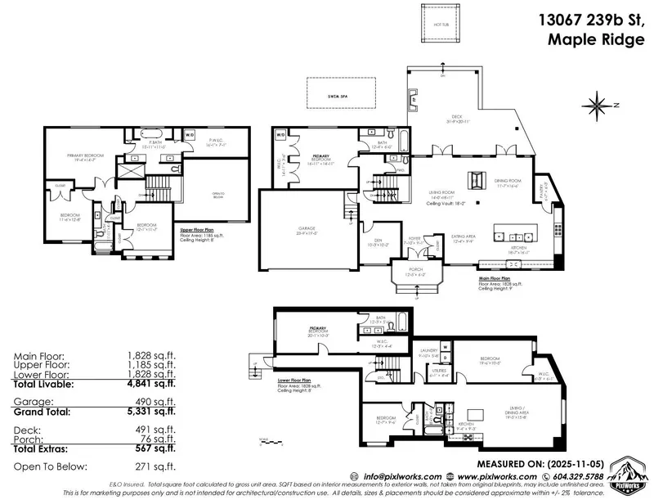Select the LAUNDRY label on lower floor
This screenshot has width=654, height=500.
(x=429, y=349)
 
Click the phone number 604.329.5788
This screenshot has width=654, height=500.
(x=576, y=475)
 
